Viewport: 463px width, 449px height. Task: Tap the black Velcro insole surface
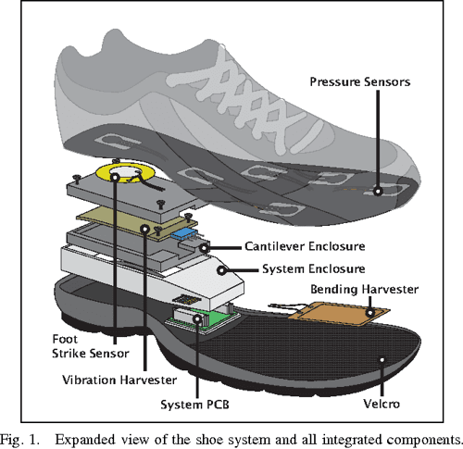(306, 361)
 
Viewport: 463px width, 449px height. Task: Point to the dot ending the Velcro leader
(379, 356)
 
